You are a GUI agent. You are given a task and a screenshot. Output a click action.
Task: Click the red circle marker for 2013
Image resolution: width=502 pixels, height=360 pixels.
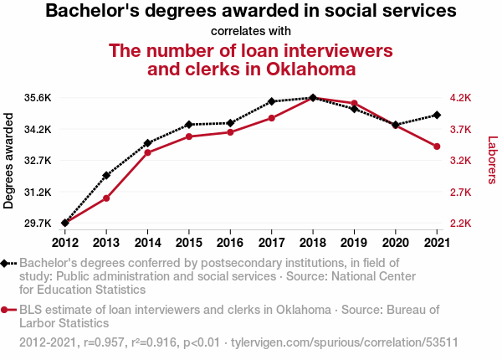(x=106, y=198)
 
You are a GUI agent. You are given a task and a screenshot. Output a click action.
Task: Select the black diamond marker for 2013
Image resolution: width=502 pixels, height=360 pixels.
(x=106, y=175)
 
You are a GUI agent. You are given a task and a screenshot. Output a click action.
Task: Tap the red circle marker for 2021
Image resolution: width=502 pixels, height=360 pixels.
(x=437, y=147)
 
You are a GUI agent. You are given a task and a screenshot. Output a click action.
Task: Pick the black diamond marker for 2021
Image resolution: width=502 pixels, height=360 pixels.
(x=437, y=115)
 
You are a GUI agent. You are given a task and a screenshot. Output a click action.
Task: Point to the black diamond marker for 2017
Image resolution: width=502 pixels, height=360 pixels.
(x=271, y=101)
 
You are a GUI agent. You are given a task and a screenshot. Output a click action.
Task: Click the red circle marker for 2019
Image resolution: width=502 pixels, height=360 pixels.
(x=354, y=103)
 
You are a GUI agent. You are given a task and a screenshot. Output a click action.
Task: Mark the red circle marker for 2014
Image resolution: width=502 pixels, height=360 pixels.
(x=147, y=152)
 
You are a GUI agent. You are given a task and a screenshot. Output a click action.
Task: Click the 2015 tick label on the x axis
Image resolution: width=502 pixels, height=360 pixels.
(x=189, y=243)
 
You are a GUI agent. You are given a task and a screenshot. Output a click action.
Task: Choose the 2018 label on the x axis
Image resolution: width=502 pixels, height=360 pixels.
(x=313, y=243)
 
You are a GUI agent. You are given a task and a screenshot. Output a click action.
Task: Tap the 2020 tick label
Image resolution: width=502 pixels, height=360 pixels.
(x=396, y=243)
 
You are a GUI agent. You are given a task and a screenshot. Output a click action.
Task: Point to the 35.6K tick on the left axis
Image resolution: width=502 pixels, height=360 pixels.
(x=38, y=98)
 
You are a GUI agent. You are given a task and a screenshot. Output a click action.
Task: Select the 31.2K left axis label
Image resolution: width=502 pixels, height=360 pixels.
(x=38, y=193)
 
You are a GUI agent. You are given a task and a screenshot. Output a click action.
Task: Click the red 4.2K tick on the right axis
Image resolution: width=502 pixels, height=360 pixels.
(x=461, y=98)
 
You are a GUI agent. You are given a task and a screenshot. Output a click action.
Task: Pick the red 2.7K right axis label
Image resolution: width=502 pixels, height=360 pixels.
(x=461, y=193)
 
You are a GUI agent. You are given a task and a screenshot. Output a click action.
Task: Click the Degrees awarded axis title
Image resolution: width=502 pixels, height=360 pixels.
(x=8, y=161)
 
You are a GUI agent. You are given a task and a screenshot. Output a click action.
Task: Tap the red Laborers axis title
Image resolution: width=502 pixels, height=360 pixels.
(x=493, y=160)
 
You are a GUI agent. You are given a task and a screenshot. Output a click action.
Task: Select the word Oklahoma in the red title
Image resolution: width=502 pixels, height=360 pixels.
(x=311, y=69)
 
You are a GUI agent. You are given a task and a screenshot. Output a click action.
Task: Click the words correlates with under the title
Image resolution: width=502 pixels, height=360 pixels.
(x=251, y=31)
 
